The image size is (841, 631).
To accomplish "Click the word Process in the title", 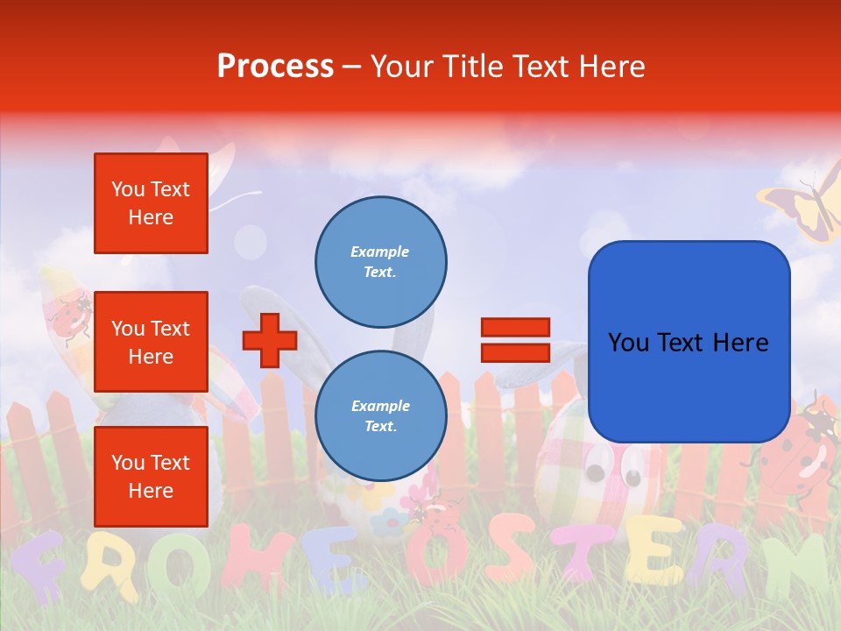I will click(x=275, y=67).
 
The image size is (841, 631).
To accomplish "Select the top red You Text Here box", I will click(x=151, y=203).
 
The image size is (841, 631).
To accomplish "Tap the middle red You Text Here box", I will click(x=151, y=342).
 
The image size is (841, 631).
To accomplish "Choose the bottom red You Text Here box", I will click(x=151, y=476).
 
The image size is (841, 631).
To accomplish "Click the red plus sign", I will click(x=269, y=340).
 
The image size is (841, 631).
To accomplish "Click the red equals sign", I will click(x=515, y=340).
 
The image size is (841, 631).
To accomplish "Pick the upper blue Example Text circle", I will click(x=380, y=261).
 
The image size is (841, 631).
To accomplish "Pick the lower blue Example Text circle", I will click(x=380, y=415).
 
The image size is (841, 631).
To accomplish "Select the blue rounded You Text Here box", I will click(x=689, y=342).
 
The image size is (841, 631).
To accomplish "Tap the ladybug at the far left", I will click(x=70, y=315).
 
